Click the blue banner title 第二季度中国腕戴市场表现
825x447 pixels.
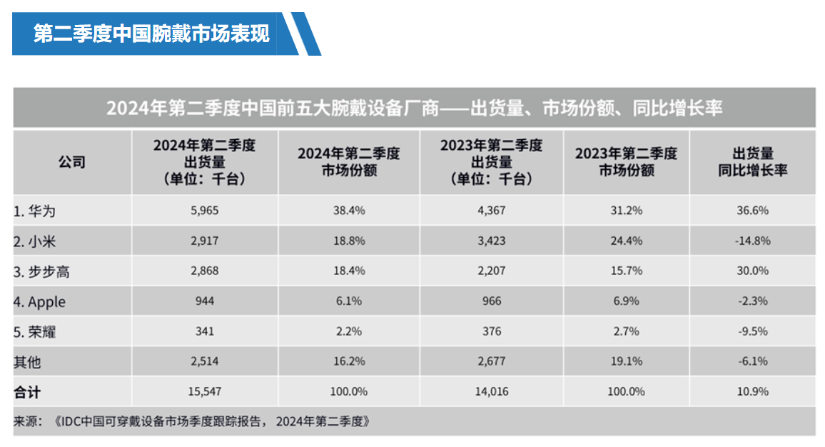click(x=151, y=34)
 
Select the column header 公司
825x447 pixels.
click(x=71, y=161)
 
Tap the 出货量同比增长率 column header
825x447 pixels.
click(x=752, y=162)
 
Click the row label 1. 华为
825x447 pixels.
click(x=34, y=211)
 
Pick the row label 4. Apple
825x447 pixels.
click(x=39, y=301)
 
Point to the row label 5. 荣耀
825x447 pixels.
click(x=34, y=331)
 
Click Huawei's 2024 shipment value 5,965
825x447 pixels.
click(x=204, y=211)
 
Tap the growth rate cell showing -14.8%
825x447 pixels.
click(x=752, y=241)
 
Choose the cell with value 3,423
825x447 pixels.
click(x=491, y=241)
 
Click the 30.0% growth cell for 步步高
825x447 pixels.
click(x=752, y=271)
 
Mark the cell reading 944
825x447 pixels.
click(x=204, y=301)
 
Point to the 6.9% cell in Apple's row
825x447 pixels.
click(x=626, y=301)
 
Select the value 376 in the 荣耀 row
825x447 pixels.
click(x=491, y=331)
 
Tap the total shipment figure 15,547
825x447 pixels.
click(x=204, y=391)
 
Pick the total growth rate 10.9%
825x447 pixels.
click(x=752, y=391)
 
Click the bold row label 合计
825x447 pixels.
click(x=28, y=391)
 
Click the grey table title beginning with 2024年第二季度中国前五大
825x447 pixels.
click(x=414, y=108)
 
